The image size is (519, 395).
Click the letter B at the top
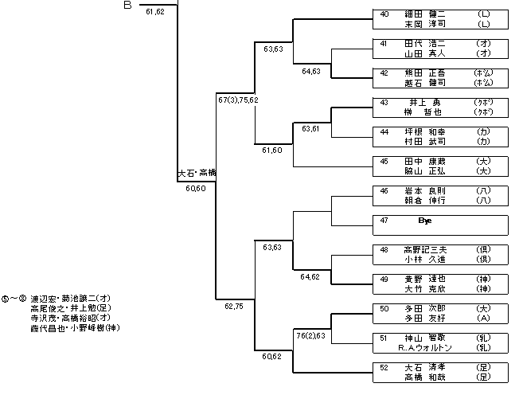[127, 6]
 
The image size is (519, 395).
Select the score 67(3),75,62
[238, 100]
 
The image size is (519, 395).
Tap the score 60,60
[196, 189]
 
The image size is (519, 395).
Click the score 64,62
[311, 276]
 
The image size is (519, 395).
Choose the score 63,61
[311, 129]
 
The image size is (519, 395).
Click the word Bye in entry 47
[423, 220]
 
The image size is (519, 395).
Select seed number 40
[384, 14]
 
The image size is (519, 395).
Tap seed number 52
[384, 367]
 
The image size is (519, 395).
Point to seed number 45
[384, 161]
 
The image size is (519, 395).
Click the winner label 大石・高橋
[196, 172]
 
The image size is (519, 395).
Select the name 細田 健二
[424, 14]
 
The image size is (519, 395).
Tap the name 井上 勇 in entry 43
[424, 102]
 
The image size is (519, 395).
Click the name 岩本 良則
[424, 190]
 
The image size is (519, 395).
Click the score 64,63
[311, 71]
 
